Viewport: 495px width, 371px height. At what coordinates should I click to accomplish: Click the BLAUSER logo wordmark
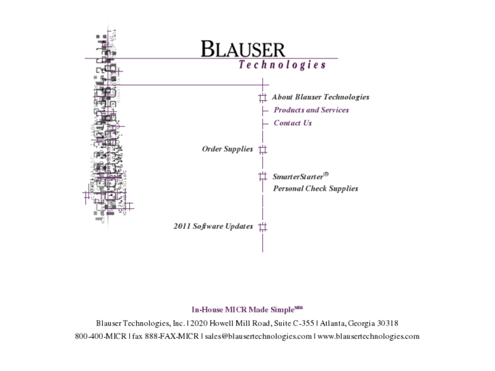(242, 49)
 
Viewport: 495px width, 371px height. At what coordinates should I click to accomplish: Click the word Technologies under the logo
(282, 65)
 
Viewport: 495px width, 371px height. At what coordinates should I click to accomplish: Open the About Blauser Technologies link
(320, 97)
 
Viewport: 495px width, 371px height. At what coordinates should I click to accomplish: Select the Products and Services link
(311, 110)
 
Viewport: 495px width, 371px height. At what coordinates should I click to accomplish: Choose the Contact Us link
(293, 123)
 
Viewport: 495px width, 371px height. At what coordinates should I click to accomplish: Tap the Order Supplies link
(227, 149)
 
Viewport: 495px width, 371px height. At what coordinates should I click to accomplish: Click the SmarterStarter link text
(298, 176)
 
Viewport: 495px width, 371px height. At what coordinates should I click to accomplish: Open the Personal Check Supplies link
(315, 189)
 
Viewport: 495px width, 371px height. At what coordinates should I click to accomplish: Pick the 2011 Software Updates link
(213, 227)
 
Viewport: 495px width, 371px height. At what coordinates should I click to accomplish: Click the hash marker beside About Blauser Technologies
(262, 97)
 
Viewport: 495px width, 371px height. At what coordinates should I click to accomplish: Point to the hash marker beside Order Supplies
(262, 149)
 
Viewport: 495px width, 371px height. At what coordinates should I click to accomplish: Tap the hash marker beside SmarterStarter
(262, 176)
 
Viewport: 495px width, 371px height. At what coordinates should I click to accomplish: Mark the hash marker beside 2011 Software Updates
(262, 227)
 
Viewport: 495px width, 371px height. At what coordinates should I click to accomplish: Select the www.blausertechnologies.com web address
(368, 336)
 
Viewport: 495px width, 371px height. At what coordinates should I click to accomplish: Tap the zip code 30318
(386, 323)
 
